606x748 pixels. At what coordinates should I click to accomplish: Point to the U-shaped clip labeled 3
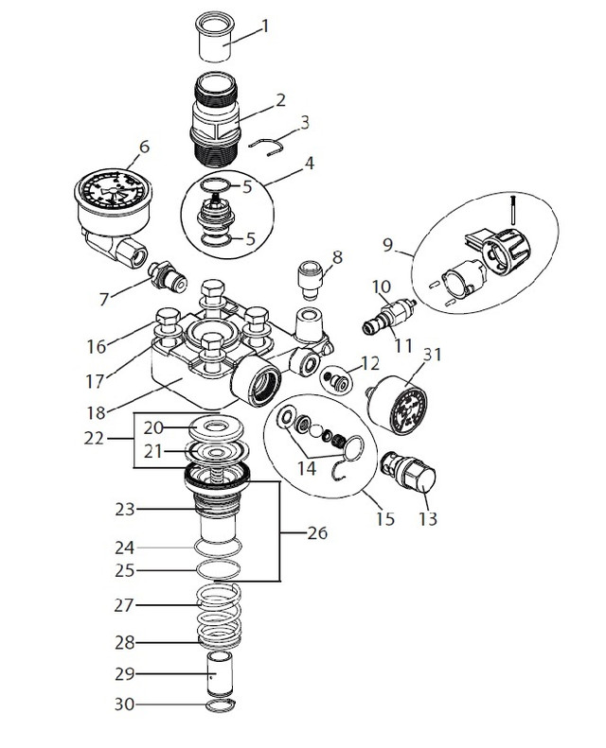(271, 144)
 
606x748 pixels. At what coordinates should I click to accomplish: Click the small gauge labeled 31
(402, 406)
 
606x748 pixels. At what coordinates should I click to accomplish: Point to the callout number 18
(120, 412)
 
